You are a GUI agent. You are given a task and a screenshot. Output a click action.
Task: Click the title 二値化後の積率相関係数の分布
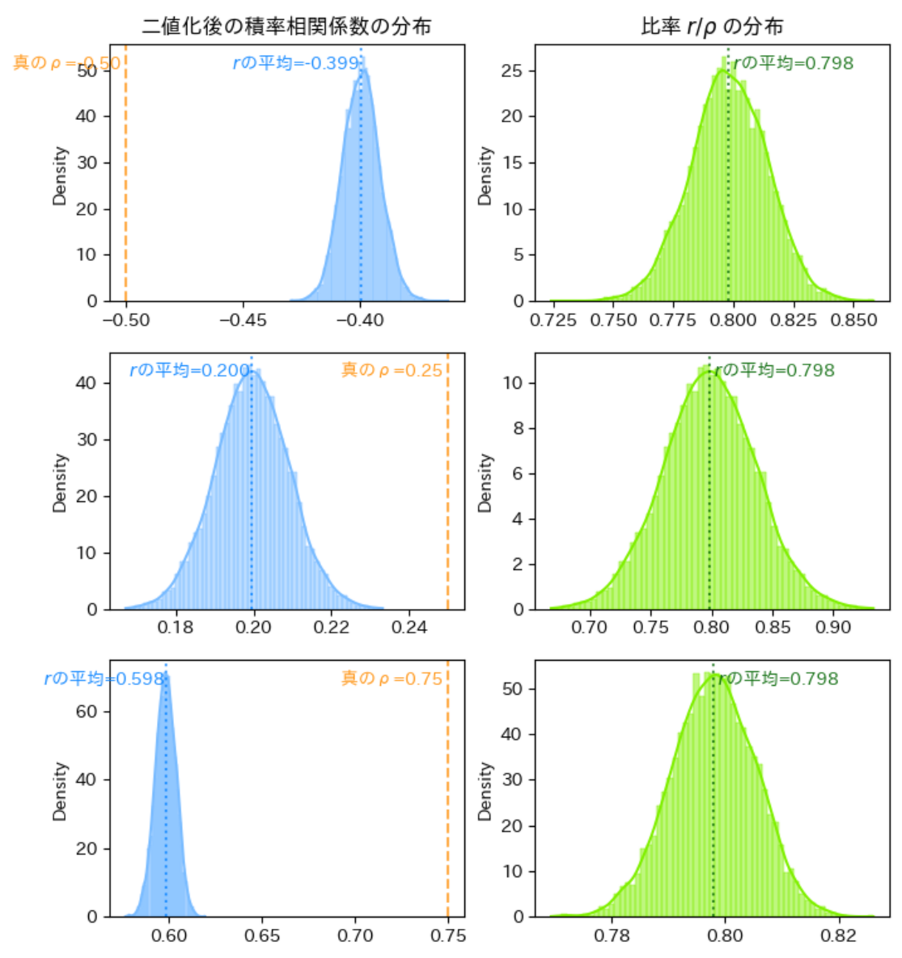(x=287, y=26)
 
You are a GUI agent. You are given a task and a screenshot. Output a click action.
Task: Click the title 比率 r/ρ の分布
(x=712, y=26)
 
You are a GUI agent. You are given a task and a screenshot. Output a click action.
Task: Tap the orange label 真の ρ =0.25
(x=392, y=370)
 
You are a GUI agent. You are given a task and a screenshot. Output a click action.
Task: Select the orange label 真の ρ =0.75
(x=392, y=678)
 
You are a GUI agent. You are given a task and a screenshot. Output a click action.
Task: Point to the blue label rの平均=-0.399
(x=296, y=63)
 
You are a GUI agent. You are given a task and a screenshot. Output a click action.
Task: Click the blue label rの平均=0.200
(x=189, y=370)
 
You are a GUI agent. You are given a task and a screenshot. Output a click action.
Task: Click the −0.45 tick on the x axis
(x=243, y=320)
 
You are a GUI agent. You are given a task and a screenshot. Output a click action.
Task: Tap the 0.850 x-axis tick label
(x=853, y=320)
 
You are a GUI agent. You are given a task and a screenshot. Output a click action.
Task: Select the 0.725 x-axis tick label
(x=553, y=320)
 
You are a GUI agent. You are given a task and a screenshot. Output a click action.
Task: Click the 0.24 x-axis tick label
(x=409, y=628)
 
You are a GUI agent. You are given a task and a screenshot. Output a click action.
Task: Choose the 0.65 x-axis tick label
(x=262, y=936)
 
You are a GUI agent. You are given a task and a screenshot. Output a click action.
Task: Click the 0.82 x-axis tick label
(x=838, y=936)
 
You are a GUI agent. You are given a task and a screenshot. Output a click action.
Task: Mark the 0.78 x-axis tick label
(x=612, y=936)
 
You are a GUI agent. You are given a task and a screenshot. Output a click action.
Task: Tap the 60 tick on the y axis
(x=87, y=712)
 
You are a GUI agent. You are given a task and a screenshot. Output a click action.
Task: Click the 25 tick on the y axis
(x=512, y=71)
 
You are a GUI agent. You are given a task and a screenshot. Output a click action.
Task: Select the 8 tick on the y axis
(x=517, y=428)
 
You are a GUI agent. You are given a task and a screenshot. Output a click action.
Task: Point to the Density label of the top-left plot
(x=60, y=176)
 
